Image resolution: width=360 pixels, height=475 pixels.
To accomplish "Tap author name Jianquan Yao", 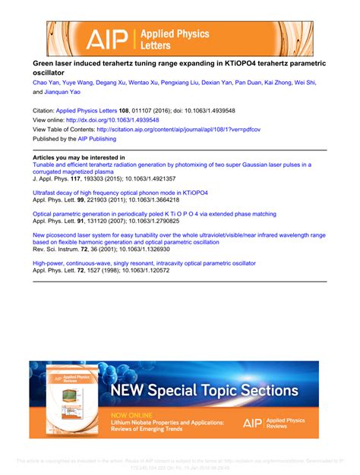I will click(70, 93).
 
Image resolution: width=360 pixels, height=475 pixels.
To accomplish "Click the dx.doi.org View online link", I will click(112, 120).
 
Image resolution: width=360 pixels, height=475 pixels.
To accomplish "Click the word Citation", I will click(43, 110).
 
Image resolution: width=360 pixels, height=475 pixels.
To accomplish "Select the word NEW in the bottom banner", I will click(131, 391).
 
